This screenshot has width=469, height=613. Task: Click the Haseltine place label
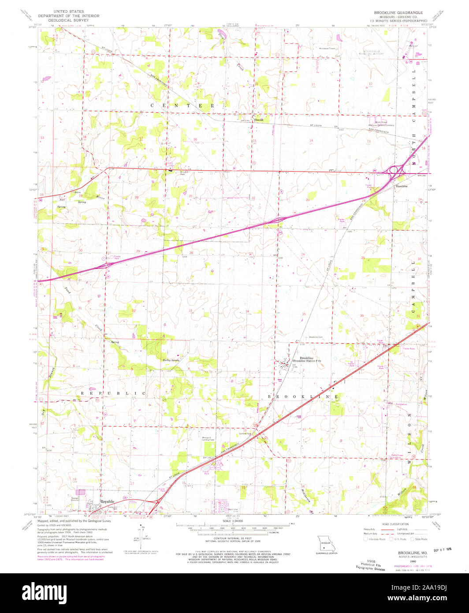click(401, 187)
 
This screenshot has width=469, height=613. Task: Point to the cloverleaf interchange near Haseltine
click(395, 170)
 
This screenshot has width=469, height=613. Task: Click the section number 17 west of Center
click(141, 138)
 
